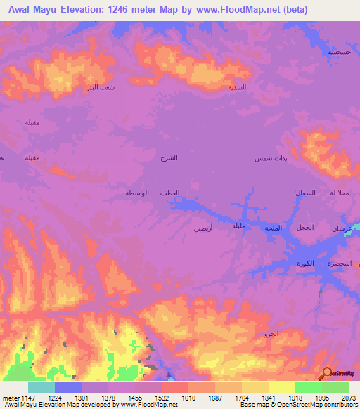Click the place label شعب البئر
pyautogui.click(x=98, y=87)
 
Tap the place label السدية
pyautogui.click(x=237, y=87)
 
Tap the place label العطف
pyautogui.click(x=169, y=193)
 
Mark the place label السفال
pyautogui.click(x=304, y=193)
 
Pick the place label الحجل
pyautogui.click(x=304, y=227)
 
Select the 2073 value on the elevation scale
pyautogui.click(x=349, y=398)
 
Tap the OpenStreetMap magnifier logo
pyautogui.click(x=327, y=373)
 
